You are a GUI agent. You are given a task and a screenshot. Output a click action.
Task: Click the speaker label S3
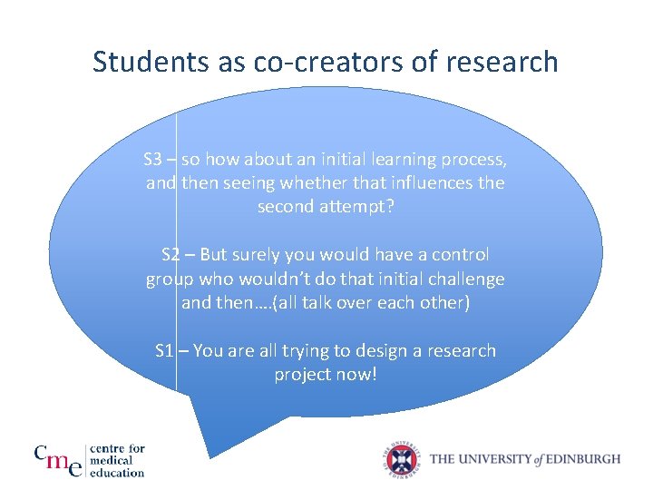coord(153,160)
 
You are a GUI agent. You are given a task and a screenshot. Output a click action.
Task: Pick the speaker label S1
coord(165,351)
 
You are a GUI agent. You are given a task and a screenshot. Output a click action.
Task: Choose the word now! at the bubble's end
coord(356,375)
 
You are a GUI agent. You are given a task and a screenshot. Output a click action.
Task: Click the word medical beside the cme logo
coord(116,460)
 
